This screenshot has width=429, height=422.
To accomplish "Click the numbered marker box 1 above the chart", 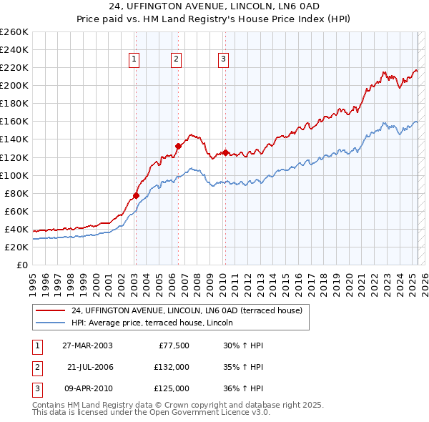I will pos(134,59).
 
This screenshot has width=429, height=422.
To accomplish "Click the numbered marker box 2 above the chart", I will pos(176,59).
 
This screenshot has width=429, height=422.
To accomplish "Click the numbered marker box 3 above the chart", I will pos(223,59).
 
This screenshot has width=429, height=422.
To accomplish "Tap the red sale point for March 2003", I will pos(136,195).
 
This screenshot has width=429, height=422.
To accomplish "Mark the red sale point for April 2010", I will pos(225,152).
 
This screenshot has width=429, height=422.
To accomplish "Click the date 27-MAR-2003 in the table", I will pos(87,345).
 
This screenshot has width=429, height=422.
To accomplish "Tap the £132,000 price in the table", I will pos(172,367).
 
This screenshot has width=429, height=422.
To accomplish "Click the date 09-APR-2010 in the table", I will pos(87,388).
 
